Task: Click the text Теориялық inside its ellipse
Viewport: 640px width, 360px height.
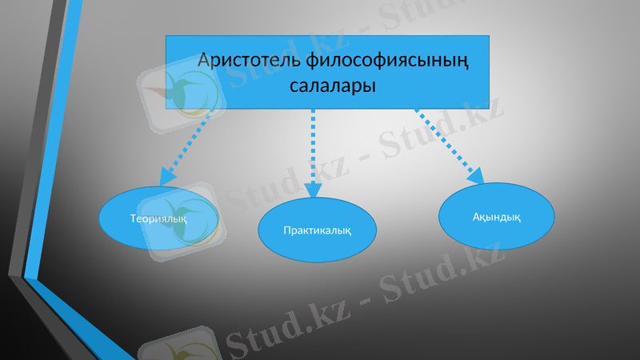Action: (158, 218)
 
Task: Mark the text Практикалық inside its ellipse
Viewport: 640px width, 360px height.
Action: (318, 230)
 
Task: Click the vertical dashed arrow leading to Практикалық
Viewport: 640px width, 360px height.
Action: (313, 148)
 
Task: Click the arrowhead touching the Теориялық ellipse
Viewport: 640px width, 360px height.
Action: (167, 176)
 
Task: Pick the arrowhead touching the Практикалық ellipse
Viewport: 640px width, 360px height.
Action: (313, 190)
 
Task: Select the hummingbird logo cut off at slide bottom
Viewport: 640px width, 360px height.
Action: (179, 349)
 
